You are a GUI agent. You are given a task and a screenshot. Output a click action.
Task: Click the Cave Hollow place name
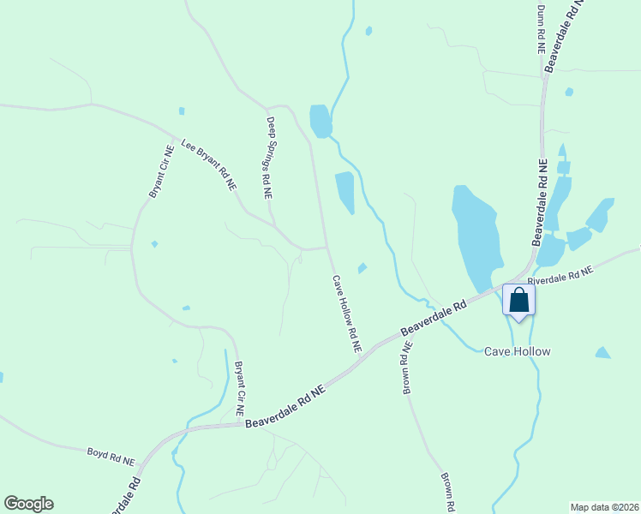pos(517,351)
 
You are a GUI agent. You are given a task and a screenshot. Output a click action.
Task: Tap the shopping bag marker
pos(518,300)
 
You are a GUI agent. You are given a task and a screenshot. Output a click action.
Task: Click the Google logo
pos(28,504)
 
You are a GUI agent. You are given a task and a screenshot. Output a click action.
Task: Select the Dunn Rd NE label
pos(541,29)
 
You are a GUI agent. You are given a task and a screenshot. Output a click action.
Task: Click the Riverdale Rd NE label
pos(560,275)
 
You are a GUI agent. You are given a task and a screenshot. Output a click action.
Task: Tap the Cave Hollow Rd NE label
pos(347,314)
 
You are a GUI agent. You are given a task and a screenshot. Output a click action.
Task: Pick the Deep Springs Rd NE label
pos(269,158)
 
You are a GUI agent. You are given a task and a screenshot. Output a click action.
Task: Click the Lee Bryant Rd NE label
pos(208,164)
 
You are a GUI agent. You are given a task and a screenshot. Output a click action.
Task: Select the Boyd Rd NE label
pos(111,456)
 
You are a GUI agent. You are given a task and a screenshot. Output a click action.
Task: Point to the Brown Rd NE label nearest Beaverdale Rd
pos(408,368)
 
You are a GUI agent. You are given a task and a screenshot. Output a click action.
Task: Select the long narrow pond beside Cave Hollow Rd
pos(344,193)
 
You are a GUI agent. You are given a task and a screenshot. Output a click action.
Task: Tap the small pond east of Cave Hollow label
pos(603,352)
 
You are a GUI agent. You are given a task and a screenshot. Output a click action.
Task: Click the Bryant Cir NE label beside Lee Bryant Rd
pos(161,171)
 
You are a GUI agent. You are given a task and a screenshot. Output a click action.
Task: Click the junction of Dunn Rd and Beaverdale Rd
pos(544,77)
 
